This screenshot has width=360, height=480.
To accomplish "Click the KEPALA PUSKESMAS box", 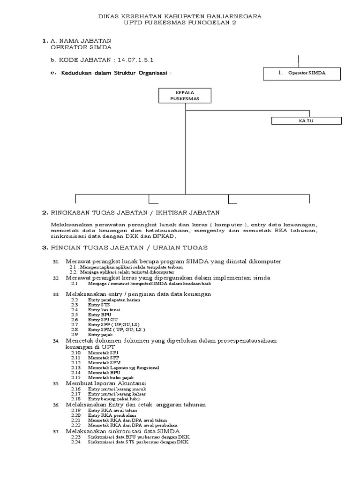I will click(x=185, y=96).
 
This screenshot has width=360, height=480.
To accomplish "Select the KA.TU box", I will click(x=306, y=120).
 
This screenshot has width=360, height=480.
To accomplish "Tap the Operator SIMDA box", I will click(x=301, y=73).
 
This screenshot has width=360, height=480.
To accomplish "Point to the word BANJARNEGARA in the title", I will click(x=233, y=16).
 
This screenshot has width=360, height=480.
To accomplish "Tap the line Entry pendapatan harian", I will click(x=111, y=299).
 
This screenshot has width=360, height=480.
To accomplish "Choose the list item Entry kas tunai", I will click(x=101, y=310).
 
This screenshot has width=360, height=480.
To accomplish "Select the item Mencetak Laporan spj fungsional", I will click(x=123, y=367).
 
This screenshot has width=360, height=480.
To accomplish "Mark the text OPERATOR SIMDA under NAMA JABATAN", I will click(x=81, y=47).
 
